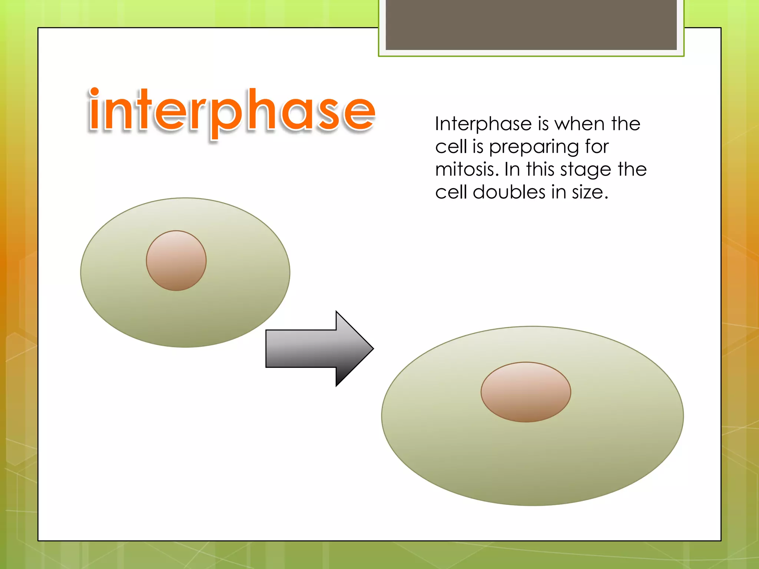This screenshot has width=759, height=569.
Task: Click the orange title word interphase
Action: pos(232,111)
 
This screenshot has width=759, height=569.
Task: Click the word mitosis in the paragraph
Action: pos(467,170)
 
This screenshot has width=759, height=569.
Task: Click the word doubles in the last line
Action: pos(509,192)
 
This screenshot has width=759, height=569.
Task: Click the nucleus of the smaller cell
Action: pos(176,260)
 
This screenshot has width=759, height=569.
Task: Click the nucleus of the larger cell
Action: pos(526,392)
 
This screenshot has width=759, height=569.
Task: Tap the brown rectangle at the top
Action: pos(531,24)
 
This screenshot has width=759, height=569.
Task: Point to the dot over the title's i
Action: pos(95,91)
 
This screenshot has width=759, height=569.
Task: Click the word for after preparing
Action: pos(597,147)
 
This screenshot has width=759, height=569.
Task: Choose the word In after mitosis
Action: pos(512,170)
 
